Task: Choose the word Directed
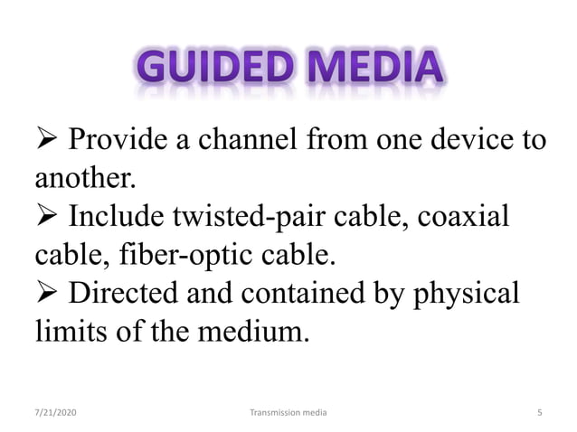[123, 296]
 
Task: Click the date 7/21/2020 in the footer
[56, 412]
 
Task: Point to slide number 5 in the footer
[539, 412]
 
